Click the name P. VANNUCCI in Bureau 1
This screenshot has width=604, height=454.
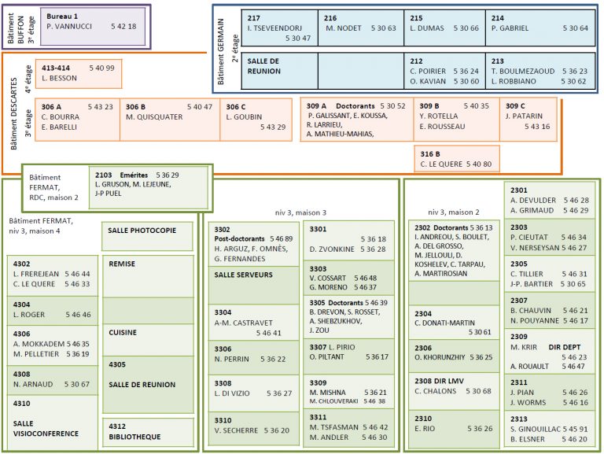pyautogui.click(x=69, y=27)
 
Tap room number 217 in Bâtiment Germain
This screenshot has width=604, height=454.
pyautogui.click(x=253, y=18)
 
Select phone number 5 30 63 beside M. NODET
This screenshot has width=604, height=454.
pyautogui.click(x=383, y=28)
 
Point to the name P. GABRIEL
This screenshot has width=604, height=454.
pyautogui.click(x=510, y=28)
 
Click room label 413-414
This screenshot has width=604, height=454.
pyautogui.click(x=56, y=68)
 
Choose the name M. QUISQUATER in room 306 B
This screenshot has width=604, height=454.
pyautogui.click(x=154, y=116)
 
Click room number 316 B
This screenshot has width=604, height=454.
pyautogui.click(x=430, y=153)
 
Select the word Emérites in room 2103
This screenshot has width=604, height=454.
pyautogui.click(x=134, y=175)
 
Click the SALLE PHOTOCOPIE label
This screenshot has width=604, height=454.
pyautogui.click(x=142, y=231)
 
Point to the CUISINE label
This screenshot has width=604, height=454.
pyautogui.click(x=123, y=332)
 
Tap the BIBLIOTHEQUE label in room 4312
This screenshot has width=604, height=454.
pyautogui.click(x=134, y=437)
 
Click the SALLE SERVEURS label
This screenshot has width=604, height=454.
pyautogui.click(x=243, y=275)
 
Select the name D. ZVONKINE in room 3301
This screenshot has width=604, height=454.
pyautogui.click(x=332, y=249)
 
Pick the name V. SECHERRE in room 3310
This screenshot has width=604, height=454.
pyautogui.click(x=236, y=430)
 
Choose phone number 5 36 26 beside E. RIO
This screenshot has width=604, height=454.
pyautogui.click(x=480, y=429)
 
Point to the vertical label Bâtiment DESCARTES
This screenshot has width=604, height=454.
pyautogui.click(x=14, y=113)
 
